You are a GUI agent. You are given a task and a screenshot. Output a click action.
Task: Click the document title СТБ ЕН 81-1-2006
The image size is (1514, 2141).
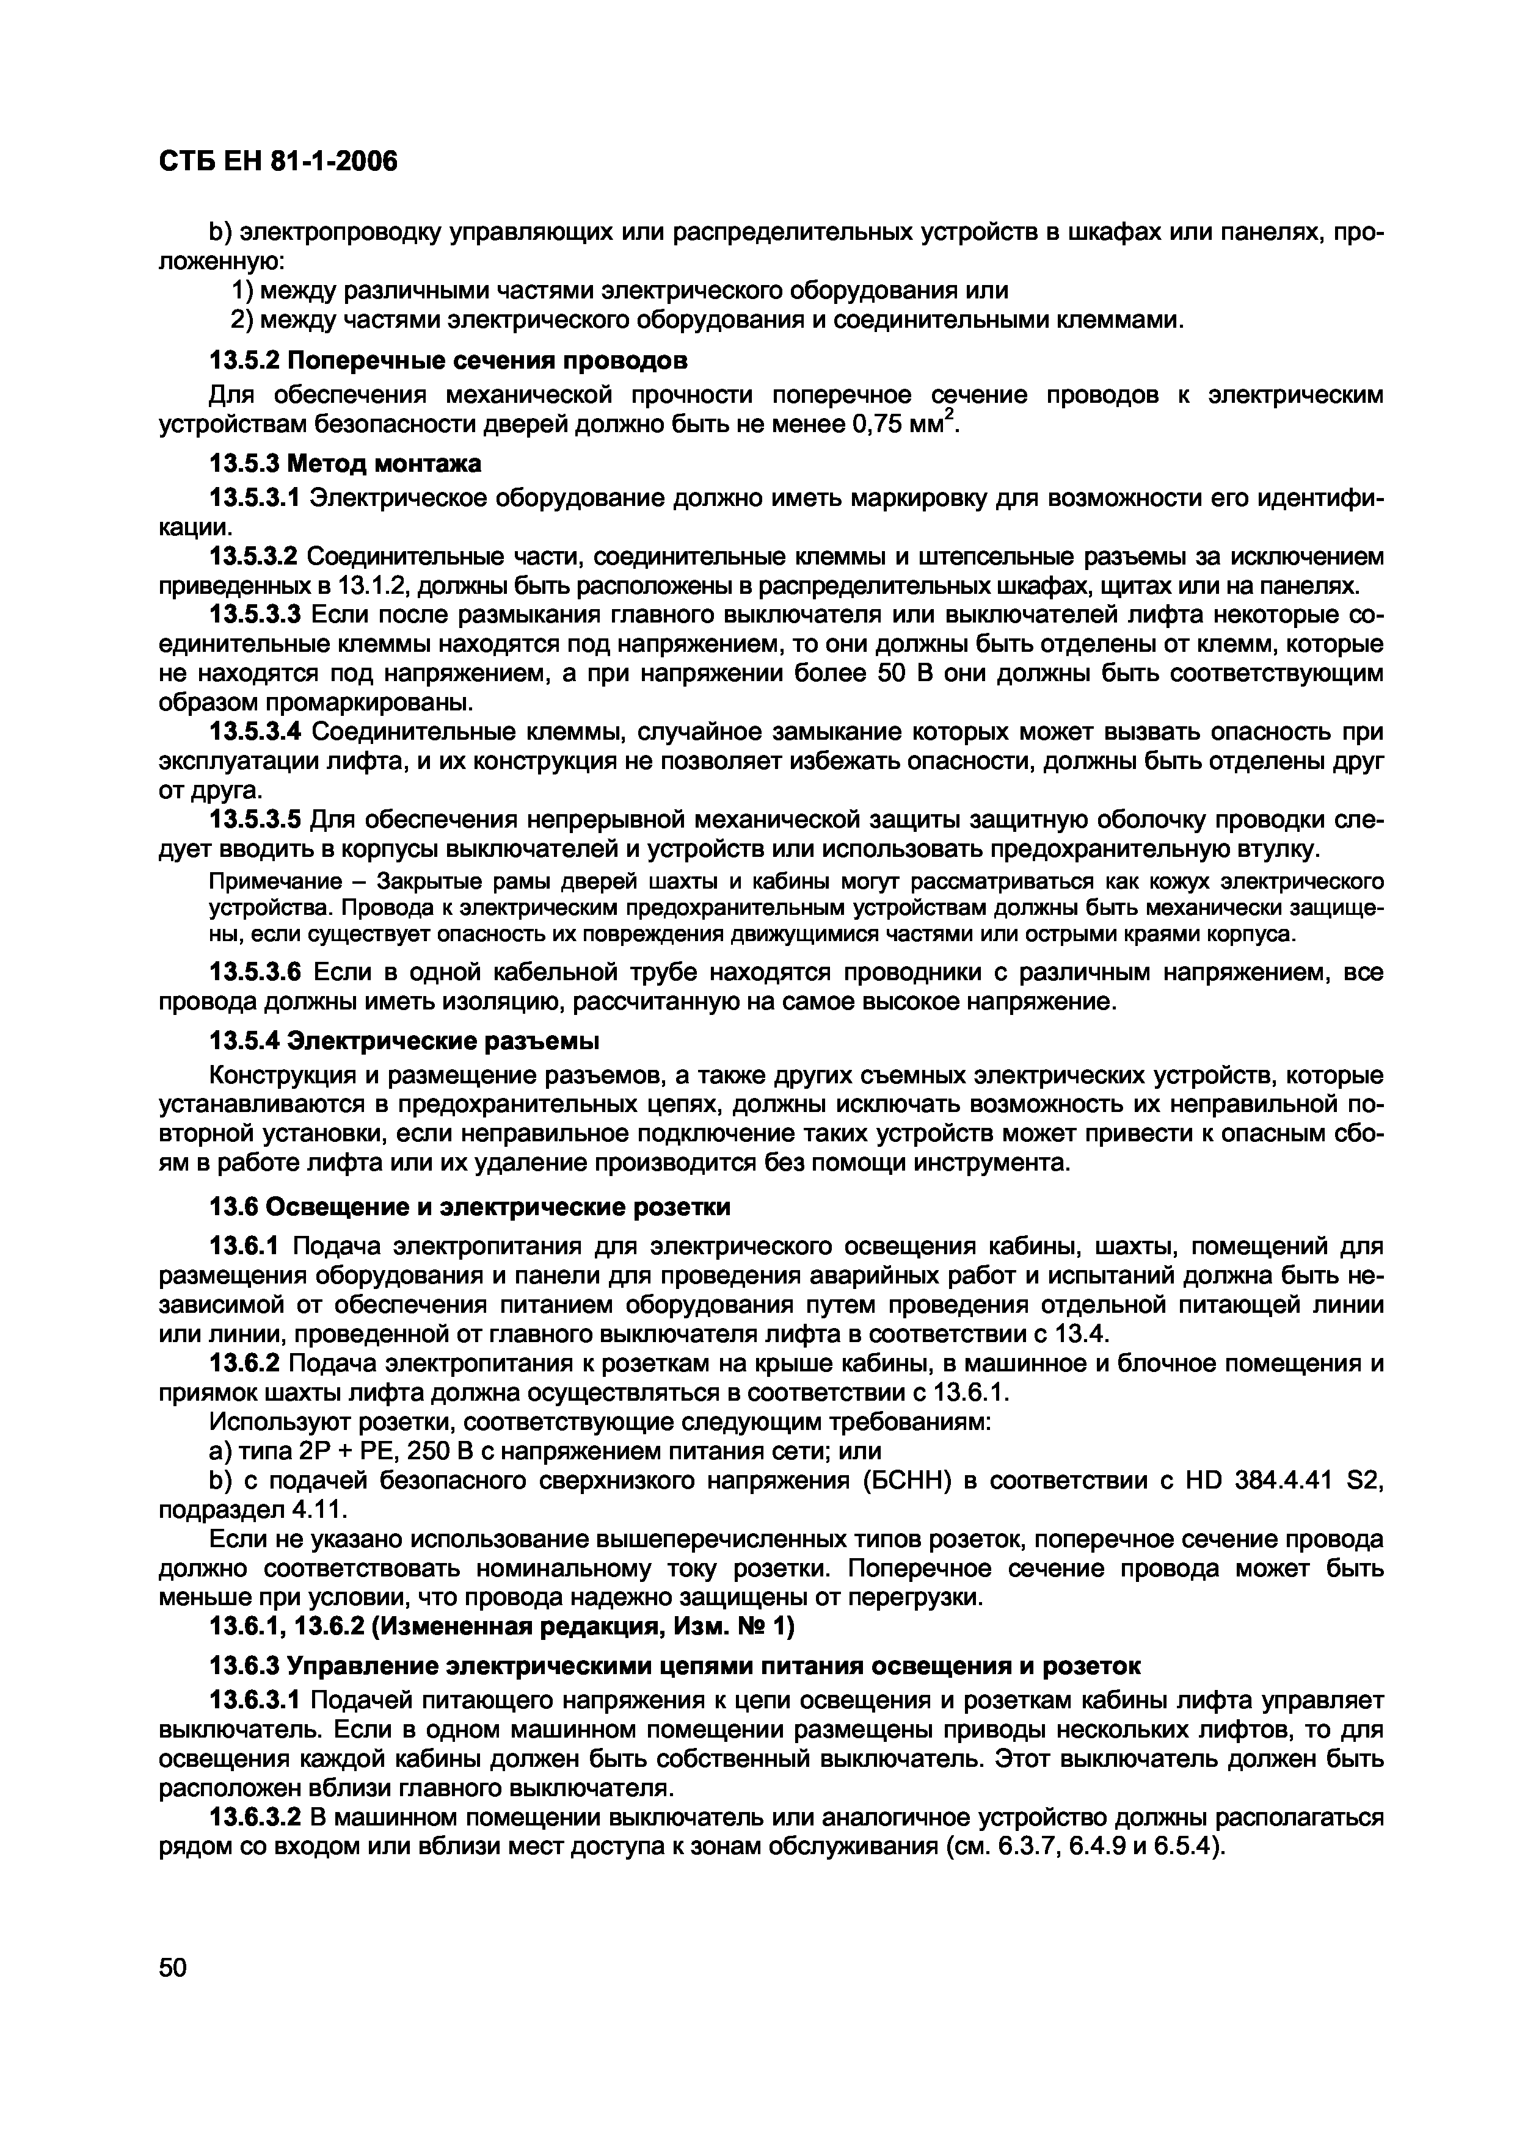278,162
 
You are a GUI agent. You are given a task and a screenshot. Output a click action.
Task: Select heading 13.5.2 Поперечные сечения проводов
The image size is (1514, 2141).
449,361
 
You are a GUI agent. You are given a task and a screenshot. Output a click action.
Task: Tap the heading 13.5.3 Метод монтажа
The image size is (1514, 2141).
345,463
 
